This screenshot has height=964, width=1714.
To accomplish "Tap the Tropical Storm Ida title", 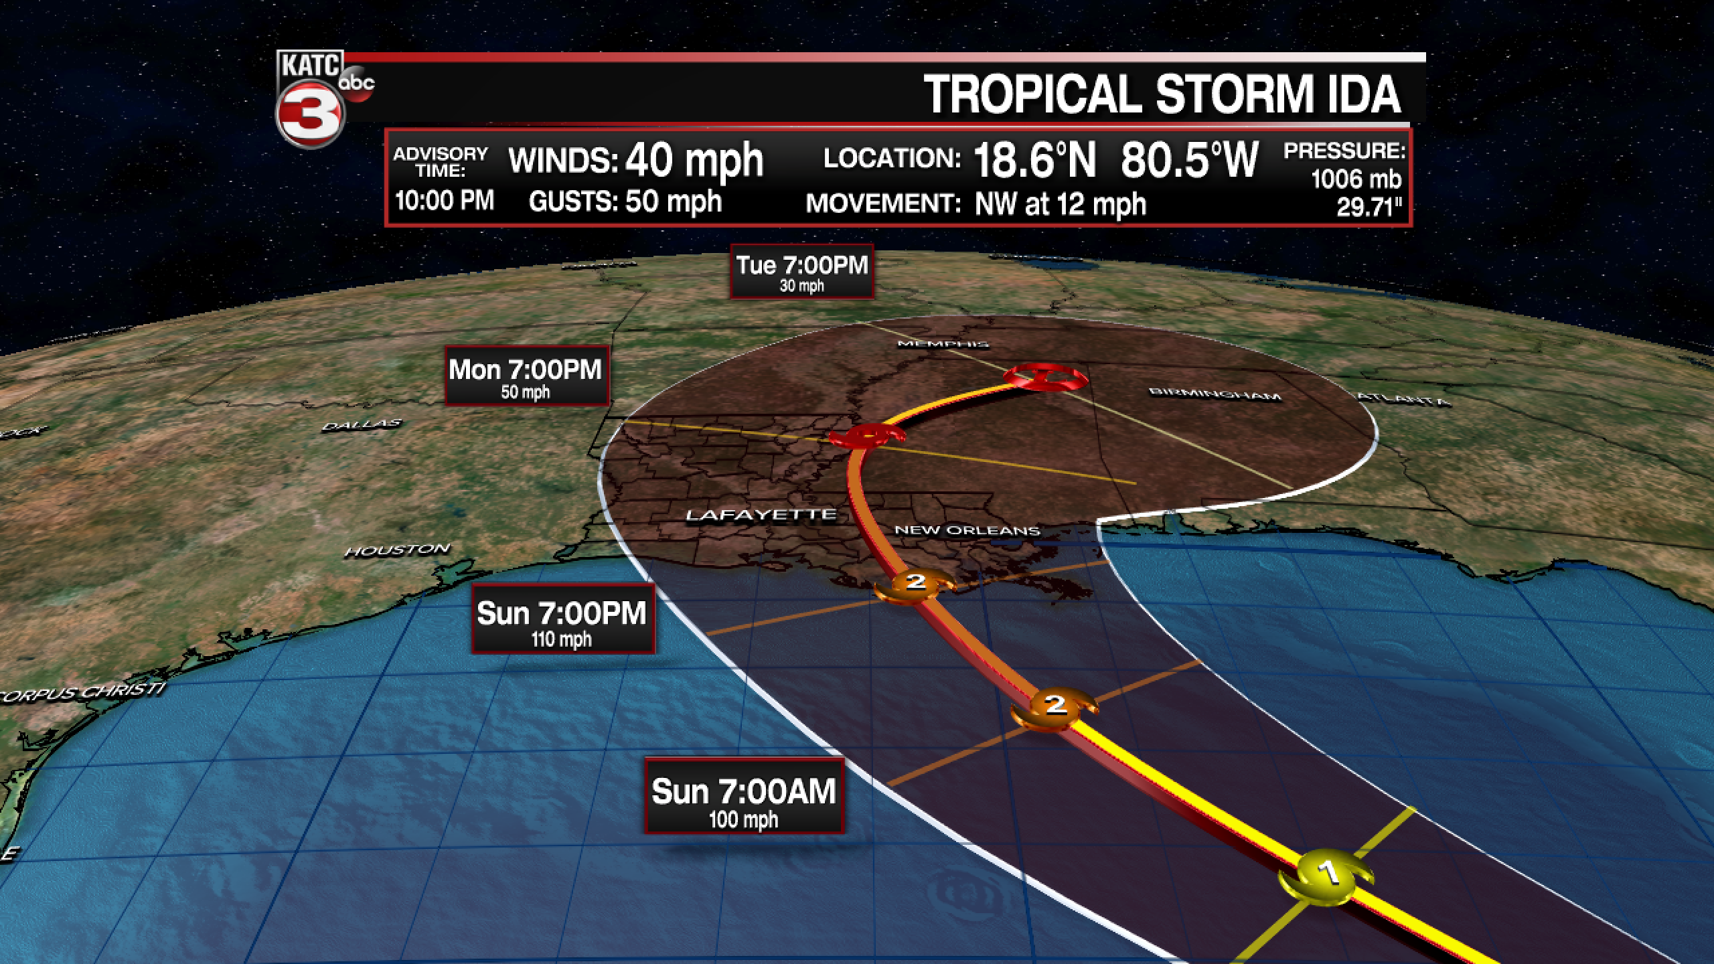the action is [x=1163, y=94].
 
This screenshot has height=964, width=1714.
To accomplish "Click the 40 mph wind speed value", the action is [x=694, y=160].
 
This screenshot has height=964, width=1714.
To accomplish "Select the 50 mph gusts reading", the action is [x=673, y=201].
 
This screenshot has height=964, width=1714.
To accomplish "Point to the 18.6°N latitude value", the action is [x=1034, y=160].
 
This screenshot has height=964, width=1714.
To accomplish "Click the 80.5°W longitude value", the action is [x=1190, y=160].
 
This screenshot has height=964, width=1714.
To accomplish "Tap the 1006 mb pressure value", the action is [x=1356, y=179].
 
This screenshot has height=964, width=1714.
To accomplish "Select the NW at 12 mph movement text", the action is [x=1060, y=204].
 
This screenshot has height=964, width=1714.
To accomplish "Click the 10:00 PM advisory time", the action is [x=445, y=200].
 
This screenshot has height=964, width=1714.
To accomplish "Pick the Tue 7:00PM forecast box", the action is [x=801, y=272].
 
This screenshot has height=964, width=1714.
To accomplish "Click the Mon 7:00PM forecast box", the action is [x=526, y=376].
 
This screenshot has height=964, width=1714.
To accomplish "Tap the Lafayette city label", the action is [x=761, y=515].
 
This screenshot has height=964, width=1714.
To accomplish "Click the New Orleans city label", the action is [x=967, y=530].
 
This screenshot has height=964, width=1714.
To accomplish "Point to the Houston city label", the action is [x=397, y=551].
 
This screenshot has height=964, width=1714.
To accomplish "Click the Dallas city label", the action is [x=362, y=425].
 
